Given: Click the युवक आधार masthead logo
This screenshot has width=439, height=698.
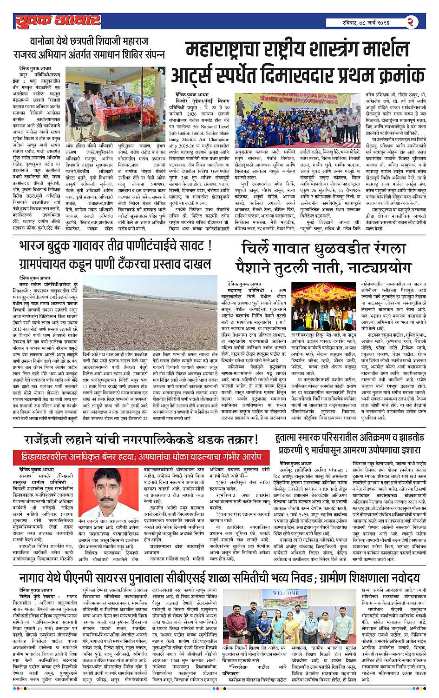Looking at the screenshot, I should [x=57, y=20].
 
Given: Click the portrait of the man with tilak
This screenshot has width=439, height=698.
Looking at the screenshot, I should [x=109, y=489].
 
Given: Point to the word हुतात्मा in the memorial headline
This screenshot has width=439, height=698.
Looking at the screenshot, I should [x=291, y=438].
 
